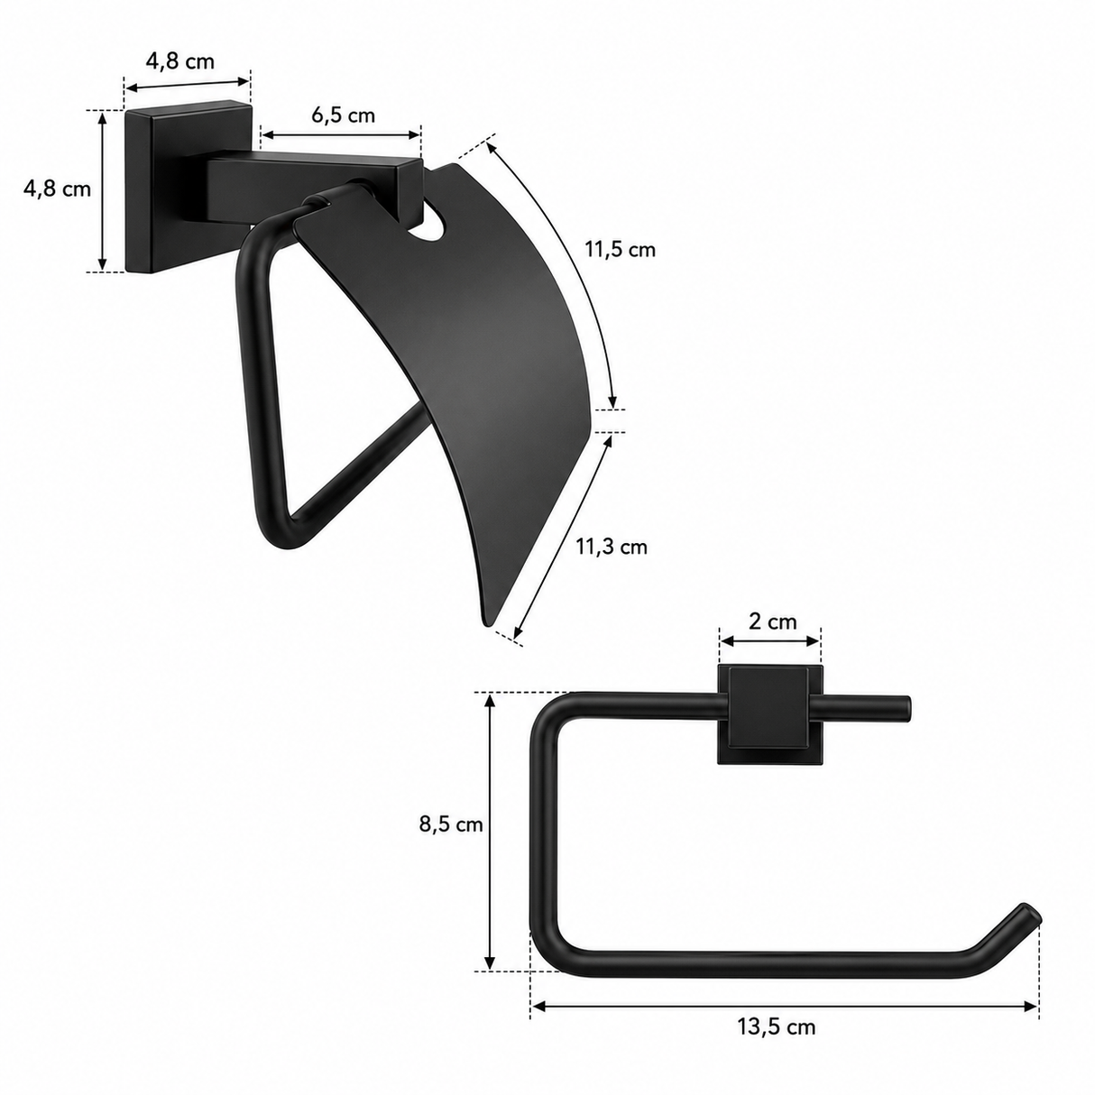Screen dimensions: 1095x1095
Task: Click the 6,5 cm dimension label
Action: click(344, 115)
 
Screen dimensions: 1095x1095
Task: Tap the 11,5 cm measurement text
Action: click(621, 249)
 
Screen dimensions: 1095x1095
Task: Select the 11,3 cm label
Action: click(612, 547)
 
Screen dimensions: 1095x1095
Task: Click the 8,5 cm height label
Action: click(451, 824)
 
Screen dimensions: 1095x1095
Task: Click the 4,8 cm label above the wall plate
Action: click(180, 60)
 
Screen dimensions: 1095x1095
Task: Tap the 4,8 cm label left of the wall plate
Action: click(58, 189)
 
